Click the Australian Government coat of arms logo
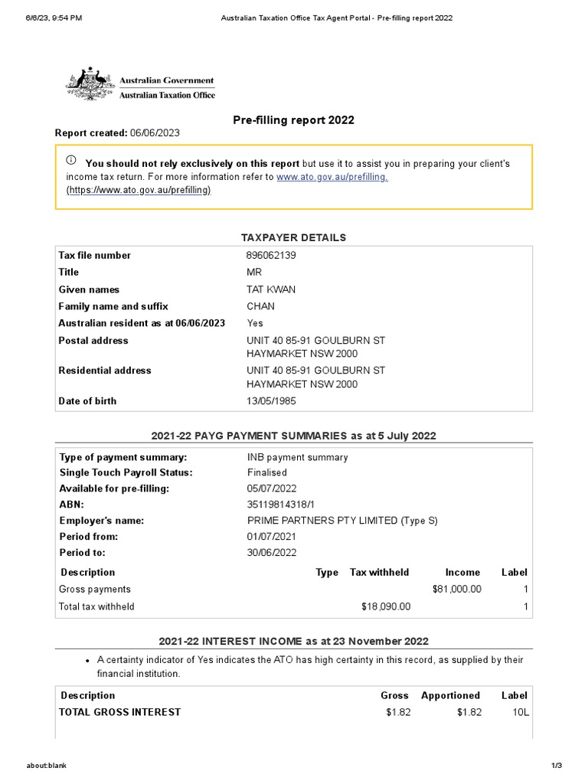(x=90, y=84)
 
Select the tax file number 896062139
(x=271, y=256)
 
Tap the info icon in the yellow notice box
(x=71, y=161)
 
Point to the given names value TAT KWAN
(x=271, y=289)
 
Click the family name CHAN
(x=260, y=306)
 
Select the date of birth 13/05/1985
(x=271, y=401)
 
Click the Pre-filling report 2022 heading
(x=293, y=120)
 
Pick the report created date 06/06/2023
(x=155, y=133)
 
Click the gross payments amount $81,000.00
(x=457, y=590)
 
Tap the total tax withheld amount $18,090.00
(x=386, y=606)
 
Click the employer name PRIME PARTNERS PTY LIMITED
(x=318, y=521)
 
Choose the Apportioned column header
(x=450, y=696)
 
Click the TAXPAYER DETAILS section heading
(x=293, y=238)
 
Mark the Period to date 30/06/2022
(x=271, y=553)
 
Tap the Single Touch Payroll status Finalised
(x=266, y=473)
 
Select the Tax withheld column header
(x=379, y=573)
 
